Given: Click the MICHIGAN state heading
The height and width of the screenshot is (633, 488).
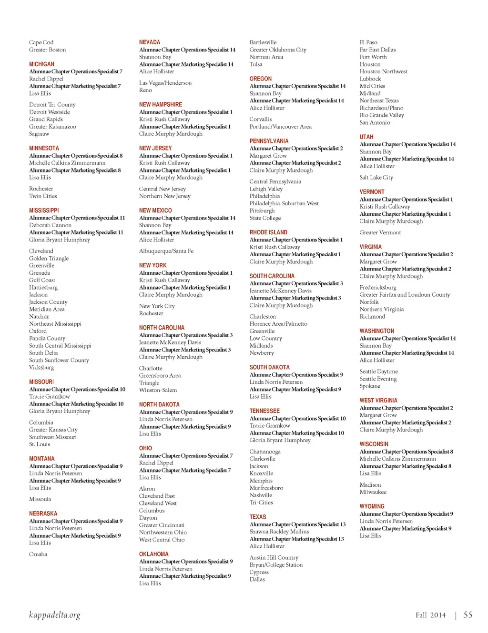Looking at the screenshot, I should point(41,64).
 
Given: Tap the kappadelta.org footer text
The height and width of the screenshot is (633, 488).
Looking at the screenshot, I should point(54,615).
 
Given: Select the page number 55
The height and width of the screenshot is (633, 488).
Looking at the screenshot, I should point(468,615).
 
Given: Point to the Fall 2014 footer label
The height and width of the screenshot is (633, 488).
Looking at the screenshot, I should point(430,615).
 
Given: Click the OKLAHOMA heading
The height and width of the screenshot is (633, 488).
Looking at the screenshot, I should point(153,554).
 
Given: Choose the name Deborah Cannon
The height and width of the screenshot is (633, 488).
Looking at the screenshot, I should point(50,225).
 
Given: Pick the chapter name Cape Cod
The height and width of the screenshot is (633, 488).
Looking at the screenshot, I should point(41,42).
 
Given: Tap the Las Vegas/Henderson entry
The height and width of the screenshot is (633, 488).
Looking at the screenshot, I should point(165,83).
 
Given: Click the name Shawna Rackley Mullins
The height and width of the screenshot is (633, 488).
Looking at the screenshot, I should point(279,532).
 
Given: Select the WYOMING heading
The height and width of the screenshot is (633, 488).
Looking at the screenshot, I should point(372,507).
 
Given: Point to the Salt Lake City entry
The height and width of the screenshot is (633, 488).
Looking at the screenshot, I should point(376,178).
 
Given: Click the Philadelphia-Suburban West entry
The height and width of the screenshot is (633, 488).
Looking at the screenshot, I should point(284,203).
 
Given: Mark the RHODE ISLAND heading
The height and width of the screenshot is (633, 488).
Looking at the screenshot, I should point(268,232).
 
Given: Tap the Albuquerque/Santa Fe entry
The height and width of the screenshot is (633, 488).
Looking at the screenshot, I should point(166,251).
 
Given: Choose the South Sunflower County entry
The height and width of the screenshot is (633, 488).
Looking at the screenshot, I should point(59,361).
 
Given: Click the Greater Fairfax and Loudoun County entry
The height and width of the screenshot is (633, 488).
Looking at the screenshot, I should point(405,295).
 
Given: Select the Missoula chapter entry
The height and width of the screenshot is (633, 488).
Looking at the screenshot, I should point(40,499).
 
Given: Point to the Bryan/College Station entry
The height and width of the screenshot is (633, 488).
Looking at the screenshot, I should point(276,565).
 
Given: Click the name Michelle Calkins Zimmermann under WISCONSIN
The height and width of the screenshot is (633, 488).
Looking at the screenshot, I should point(397,459).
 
